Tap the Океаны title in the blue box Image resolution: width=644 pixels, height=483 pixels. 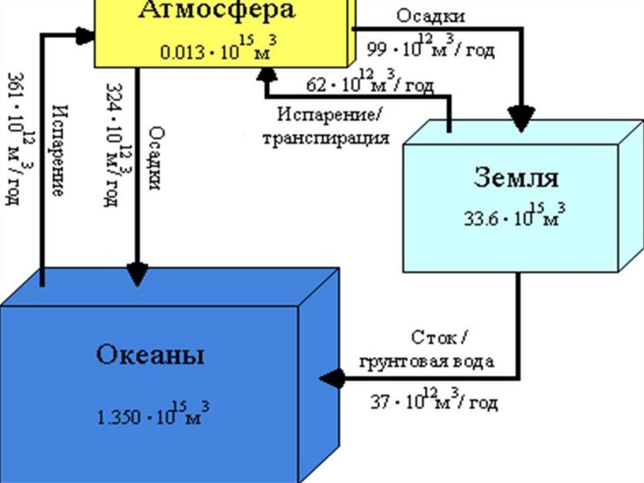point(150,355)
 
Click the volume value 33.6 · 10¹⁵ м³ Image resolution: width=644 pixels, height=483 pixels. point(515,215)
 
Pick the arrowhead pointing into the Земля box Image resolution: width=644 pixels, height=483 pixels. point(522,120)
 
